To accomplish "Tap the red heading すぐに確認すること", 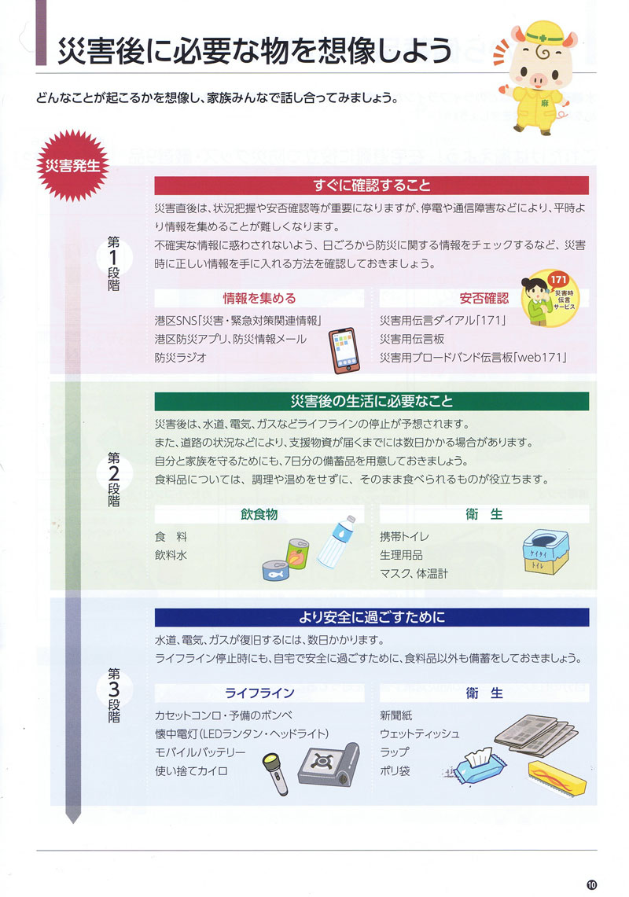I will (372, 186).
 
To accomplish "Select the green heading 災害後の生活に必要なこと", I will (372, 401).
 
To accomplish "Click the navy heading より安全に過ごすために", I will (372, 616).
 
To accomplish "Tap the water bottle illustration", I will (337, 542).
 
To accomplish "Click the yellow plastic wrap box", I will (557, 778).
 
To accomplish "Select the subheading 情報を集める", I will (259, 299).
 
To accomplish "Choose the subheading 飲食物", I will (259, 515).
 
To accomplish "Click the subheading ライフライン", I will (259, 693).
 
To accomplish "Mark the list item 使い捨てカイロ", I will (192, 771).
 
